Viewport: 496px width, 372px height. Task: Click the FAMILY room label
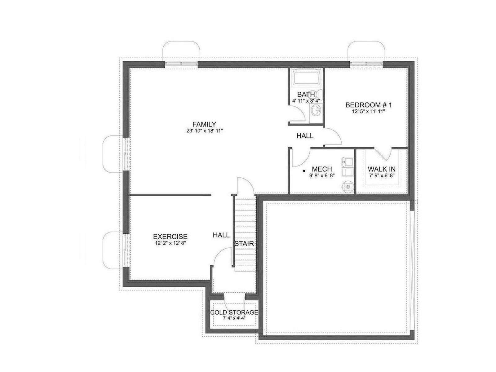point(204,124)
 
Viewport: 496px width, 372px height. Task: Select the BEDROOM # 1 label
point(368,105)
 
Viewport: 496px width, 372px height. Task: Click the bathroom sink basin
point(316,111)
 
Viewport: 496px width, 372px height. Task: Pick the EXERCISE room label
point(170,237)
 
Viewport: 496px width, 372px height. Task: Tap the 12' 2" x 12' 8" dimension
point(170,243)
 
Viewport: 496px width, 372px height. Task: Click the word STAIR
point(244,244)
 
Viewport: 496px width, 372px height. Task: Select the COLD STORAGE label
point(234,312)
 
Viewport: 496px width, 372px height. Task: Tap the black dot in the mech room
point(304,171)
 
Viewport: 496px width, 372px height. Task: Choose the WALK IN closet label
point(381,169)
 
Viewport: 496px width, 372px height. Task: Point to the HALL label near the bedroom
point(305,136)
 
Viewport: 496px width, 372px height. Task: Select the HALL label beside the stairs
point(221,235)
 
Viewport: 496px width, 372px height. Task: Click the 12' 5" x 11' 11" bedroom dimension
point(368,111)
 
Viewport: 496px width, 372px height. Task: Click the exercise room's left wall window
point(126,250)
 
